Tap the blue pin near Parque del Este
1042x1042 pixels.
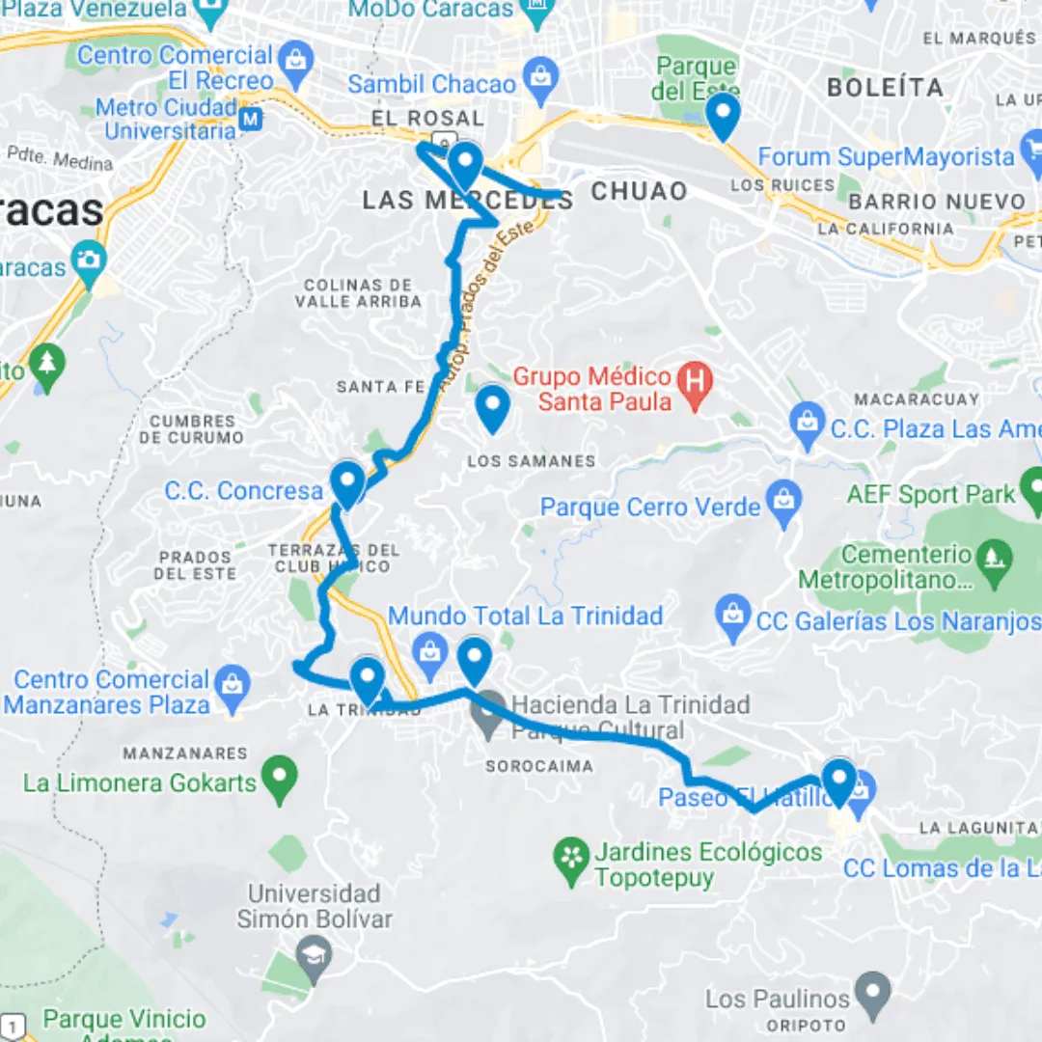tap(723, 116)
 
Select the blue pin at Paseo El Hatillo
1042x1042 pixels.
tap(837, 781)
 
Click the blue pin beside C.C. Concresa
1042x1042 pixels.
tap(346, 483)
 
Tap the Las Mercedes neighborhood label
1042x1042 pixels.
tap(467, 201)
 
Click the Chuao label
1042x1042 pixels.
tap(639, 191)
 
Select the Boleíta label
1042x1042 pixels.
tap(885, 88)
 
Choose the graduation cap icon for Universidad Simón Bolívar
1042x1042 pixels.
tap(315, 955)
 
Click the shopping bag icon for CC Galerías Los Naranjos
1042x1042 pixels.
tap(734, 617)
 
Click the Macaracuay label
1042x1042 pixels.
tap(916, 398)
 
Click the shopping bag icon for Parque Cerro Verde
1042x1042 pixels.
tap(785, 502)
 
